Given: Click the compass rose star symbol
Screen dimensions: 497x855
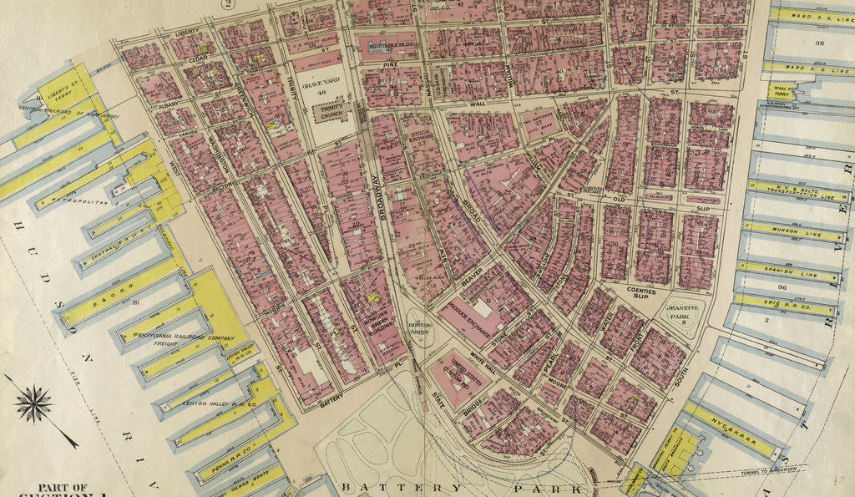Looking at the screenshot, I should pyautogui.click(x=34, y=405).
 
